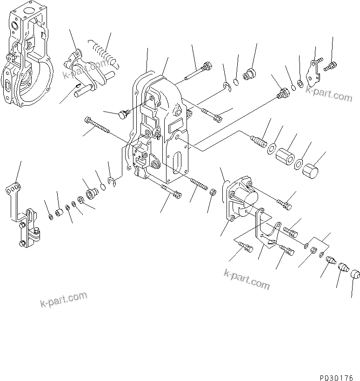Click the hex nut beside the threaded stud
(212, 192)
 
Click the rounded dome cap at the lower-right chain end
(356, 274)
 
